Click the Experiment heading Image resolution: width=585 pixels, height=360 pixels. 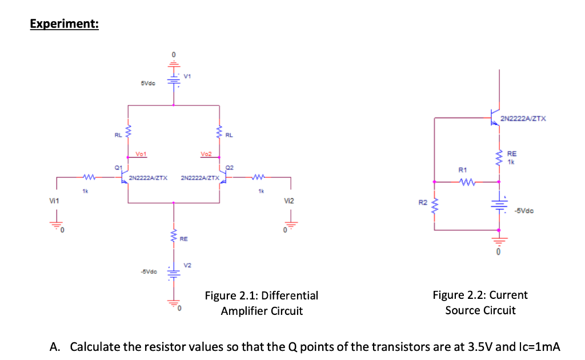click(x=64, y=24)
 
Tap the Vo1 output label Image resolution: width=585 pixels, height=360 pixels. click(x=141, y=154)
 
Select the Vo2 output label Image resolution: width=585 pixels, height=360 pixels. click(x=206, y=154)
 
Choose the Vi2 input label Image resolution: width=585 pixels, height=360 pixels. click(x=289, y=201)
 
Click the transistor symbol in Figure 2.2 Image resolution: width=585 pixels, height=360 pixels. click(x=495, y=118)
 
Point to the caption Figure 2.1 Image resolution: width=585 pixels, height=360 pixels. click(x=262, y=296)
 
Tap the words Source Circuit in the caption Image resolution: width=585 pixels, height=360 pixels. click(x=480, y=311)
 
